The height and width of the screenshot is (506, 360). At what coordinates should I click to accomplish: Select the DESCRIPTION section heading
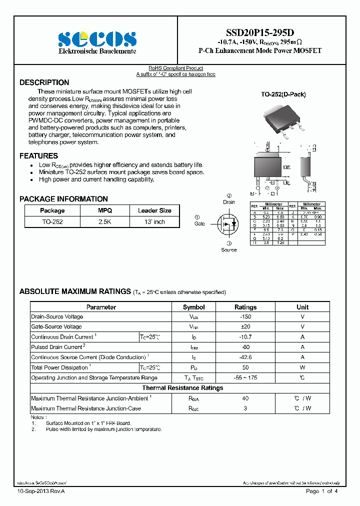tap(44, 82)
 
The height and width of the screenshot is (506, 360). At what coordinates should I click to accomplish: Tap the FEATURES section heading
tap(38, 156)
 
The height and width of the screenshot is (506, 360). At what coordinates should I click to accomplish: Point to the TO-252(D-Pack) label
tap(283, 94)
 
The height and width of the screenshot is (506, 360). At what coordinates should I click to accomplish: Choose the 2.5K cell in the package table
tap(105, 221)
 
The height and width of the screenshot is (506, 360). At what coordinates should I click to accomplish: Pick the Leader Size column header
tap(154, 210)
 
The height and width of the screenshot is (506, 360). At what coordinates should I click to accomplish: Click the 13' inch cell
tap(154, 221)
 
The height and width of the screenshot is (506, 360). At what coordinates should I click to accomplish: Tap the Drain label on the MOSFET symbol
tap(229, 202)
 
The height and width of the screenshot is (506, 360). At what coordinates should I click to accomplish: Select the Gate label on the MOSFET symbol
tap(199, 223)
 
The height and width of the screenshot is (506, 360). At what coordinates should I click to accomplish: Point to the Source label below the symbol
tap(228, 249)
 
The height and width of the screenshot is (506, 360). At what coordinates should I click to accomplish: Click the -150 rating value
tap(245, 317)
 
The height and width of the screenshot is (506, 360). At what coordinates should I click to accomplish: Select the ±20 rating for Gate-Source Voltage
tap(245, 327)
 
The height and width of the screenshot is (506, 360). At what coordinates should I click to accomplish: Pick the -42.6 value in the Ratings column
tap(245, 357)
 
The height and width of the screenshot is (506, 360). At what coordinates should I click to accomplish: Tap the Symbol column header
tap(193, 307)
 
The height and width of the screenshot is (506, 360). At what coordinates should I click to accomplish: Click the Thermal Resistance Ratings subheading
tap(182, 388)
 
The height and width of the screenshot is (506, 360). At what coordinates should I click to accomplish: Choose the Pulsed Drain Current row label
tap(58, 347)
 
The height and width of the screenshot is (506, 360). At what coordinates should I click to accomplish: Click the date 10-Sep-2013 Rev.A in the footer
tap(41, 492)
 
